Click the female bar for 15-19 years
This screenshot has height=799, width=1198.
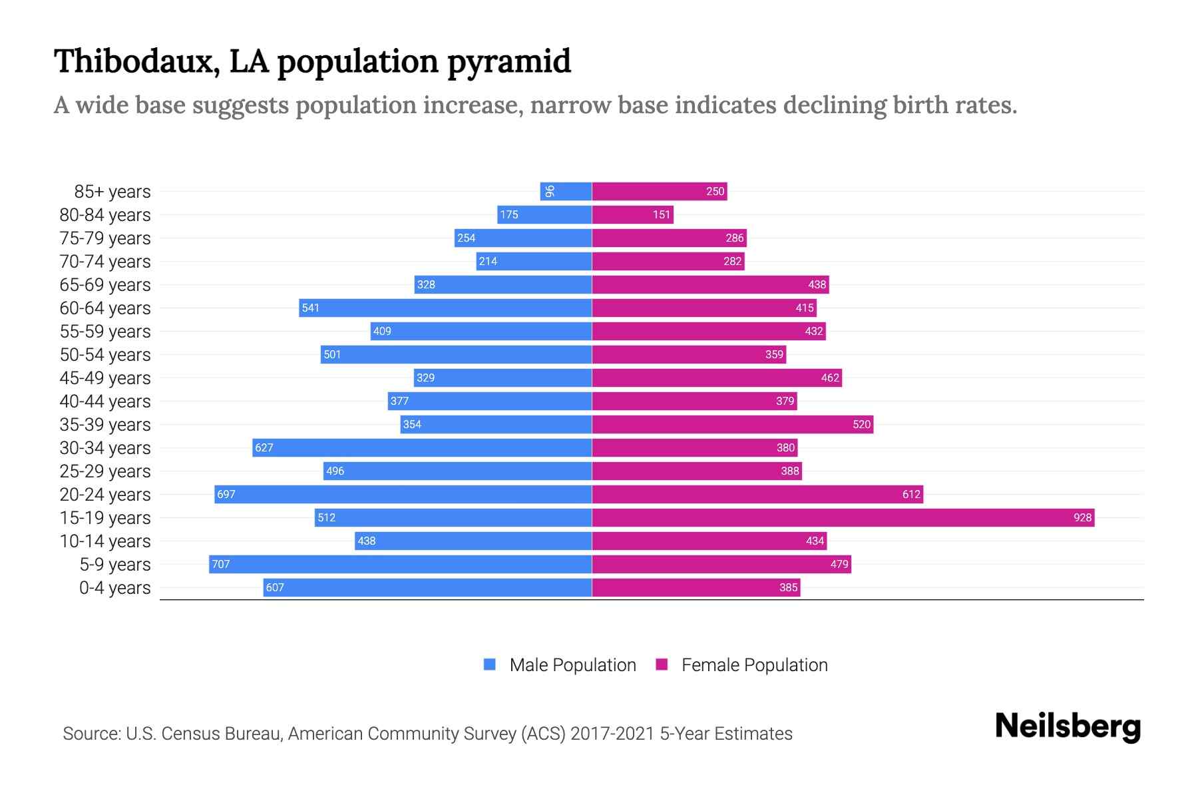coord(843,517)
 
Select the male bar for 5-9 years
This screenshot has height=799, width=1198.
coord(400,564)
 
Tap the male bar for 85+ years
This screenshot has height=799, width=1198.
coord(566,191)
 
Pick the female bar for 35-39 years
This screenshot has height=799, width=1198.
coord(732,424)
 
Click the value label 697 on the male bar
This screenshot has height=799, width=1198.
coord(226,494)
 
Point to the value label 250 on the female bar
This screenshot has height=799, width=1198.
coord(715,191)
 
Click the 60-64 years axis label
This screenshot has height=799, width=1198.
coord(105,308)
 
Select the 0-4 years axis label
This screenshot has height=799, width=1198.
coord(114,588)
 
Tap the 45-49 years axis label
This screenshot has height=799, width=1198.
coord(105,378)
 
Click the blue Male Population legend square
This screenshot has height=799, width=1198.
coord(490,665)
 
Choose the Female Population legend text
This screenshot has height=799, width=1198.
coord(754,665)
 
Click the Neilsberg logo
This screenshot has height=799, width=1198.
coord(1068,726)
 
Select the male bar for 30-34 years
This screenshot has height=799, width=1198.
coord(422,447)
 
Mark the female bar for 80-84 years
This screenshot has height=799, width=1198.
coord(632,214)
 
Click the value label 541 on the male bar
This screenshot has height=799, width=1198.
coord(310,308)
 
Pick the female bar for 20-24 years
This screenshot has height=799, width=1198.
coord(757,494)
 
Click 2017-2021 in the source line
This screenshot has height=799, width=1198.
coord(612,734)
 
